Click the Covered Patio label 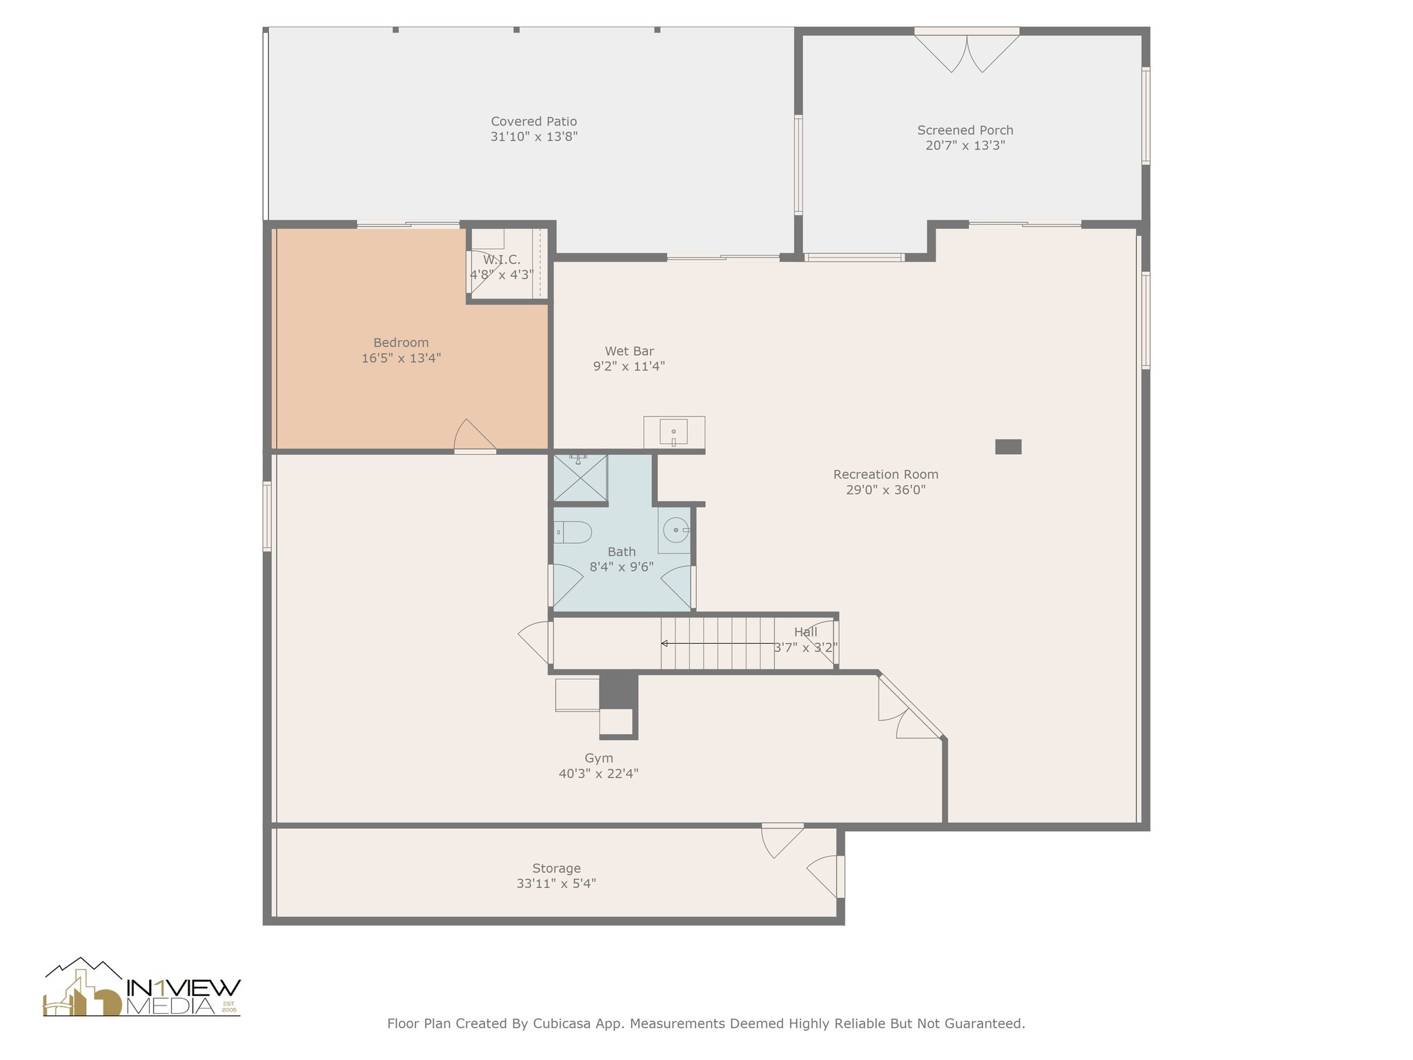click(x=534, y=121)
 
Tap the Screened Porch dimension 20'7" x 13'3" click(x=965, y=146)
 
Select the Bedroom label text click(x=401, y=342)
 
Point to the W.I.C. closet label click(x=502, y=259)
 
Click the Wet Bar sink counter click(x=674, y=433)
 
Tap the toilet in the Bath click(x=573, y=532)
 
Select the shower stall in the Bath click(x=580, y=478)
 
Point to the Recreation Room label click(x=886, y=474)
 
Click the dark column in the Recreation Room click(x=1008, y=446)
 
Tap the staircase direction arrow click(x=718, y=643)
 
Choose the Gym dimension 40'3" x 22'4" click(x=599, y=774)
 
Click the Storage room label click(x=556, y=868)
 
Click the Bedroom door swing click(x=475, y=435)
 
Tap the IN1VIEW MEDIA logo click(x=142, y=987)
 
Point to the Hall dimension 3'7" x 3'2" click(x=806, y=647)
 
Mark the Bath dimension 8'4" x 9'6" click(x=622, y=567)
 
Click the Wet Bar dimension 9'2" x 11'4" click(x=629, y=366)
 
